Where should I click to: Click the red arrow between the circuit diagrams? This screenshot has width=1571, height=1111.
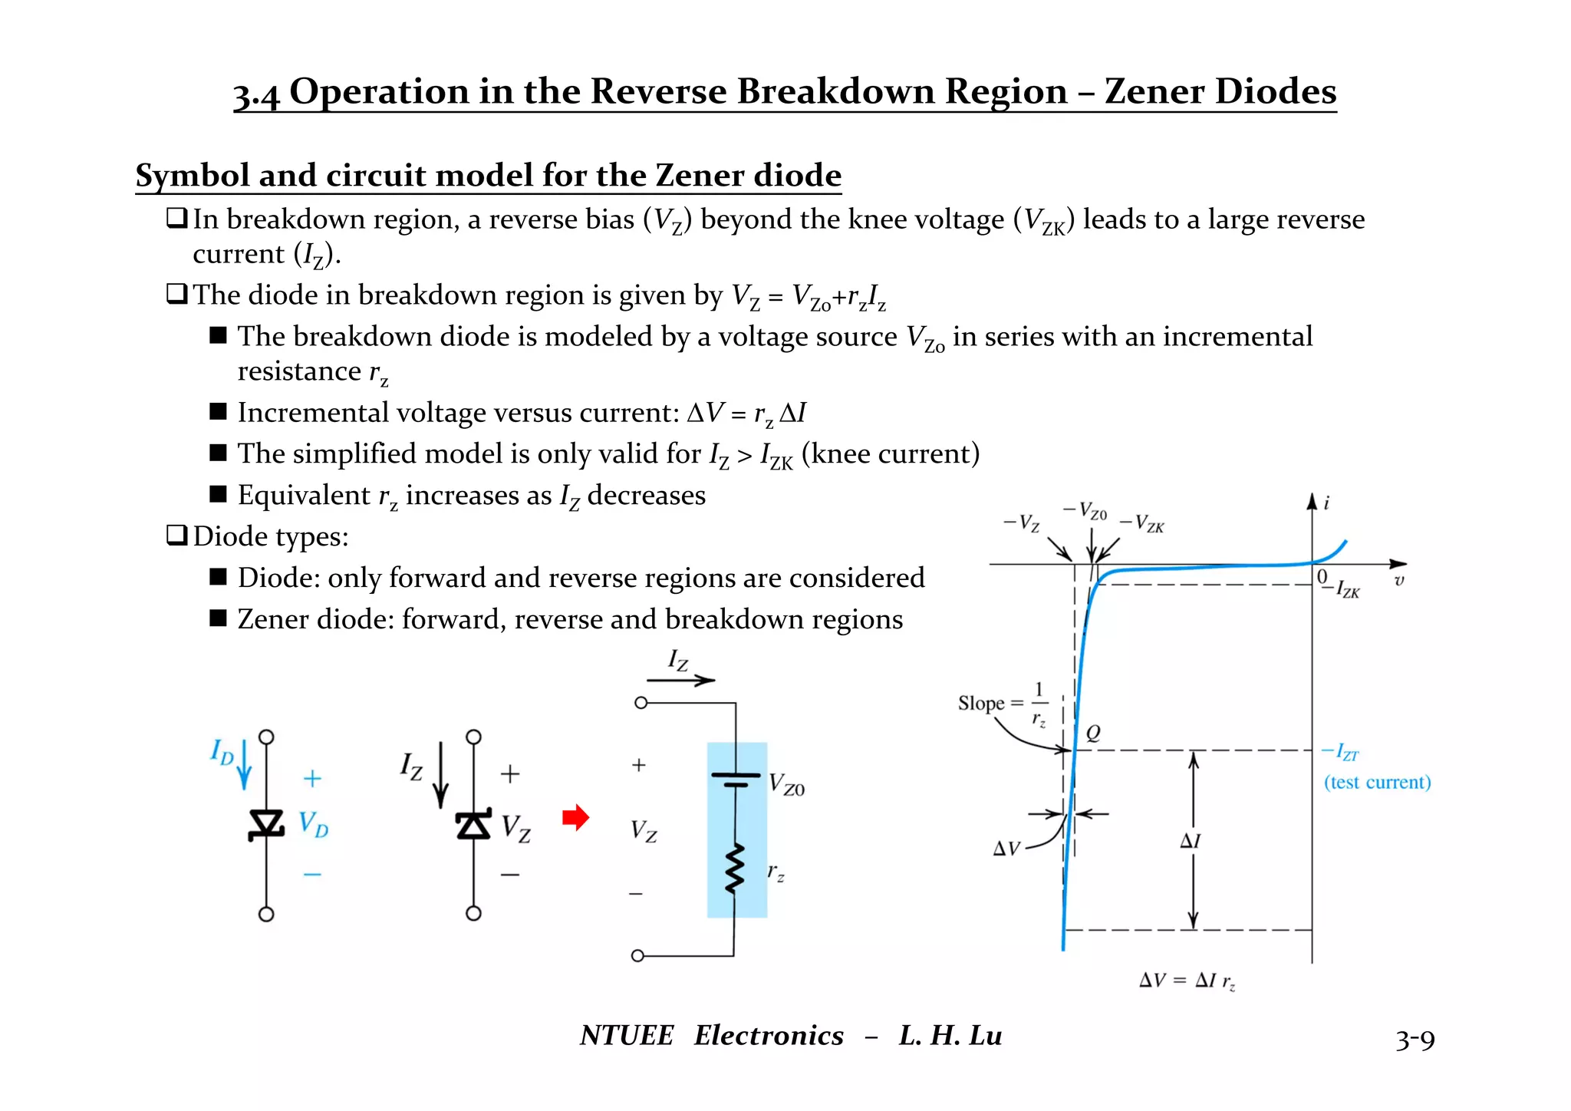click(x=575, y=817)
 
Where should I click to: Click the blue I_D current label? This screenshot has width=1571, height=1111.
click(x=222, y=753)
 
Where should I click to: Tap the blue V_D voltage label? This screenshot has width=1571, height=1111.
click(x=313, y=825)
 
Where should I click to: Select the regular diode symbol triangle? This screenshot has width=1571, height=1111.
click(x=266, y=824)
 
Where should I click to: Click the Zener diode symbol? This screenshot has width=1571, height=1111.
click(x=473, y=825)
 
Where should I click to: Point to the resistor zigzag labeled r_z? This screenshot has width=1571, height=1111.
click(x=735, y=869)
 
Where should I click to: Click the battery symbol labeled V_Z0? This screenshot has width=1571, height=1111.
click(x=735, y=780)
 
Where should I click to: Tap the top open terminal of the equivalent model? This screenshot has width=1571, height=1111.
click(x=641, y=703)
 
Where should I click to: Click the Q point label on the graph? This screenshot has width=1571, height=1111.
click(x=1093, y=733)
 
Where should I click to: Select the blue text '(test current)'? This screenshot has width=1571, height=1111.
click(x=1377, y=783)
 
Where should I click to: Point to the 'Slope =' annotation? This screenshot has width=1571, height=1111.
click(x=990, y=704)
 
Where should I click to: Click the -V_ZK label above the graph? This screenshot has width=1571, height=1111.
click(x=1143, y=524)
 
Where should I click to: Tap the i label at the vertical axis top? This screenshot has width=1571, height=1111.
click(x=1326, y=503)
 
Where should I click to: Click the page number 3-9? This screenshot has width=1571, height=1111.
click(x=1415, y=1040)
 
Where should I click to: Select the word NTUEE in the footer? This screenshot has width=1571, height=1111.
click(x=627, y=1036)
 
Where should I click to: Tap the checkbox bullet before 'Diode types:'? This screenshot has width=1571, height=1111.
click(x=176, y=535)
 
